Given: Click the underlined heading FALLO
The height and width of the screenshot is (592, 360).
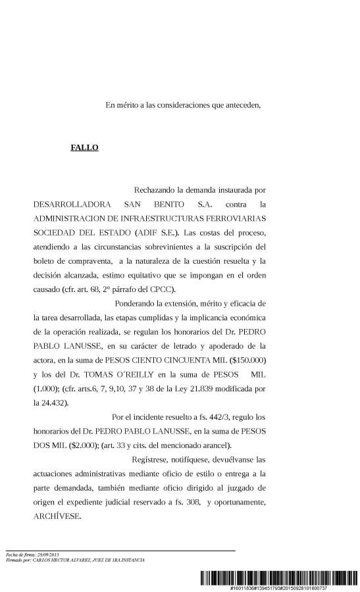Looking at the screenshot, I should coord(84,147).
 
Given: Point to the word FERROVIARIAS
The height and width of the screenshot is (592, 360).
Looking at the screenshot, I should coord(231,218).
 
